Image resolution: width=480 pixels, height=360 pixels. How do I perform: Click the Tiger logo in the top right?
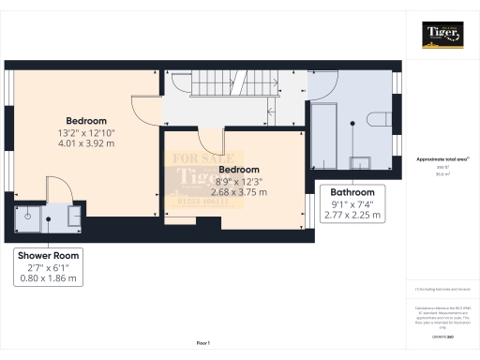coord(442,36)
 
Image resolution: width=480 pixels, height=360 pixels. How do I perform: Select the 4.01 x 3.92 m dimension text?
coord(85,143)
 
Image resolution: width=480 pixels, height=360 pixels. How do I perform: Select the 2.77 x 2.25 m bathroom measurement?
coord(352,215)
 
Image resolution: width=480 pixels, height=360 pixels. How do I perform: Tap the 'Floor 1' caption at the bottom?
coord(202,344)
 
